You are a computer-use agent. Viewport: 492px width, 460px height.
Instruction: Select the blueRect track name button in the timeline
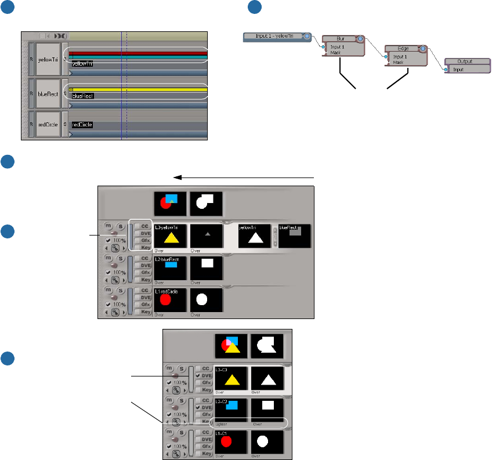click(x=48, y=93)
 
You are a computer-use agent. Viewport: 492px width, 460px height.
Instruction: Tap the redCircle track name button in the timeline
click(x=48, y=124)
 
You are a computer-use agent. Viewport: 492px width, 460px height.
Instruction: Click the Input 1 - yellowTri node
click(x=273, y=36)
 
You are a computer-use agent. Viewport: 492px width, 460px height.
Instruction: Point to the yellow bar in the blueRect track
click(x=138, y=90)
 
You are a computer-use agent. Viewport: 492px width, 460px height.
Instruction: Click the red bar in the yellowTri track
click(x=138, y=53)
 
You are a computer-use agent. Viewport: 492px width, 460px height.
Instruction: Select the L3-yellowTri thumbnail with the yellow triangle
click(x=171, y=237)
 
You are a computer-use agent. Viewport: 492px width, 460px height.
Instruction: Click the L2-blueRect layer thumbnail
click(x=171, y=268)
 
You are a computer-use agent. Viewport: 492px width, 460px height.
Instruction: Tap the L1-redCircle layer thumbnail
click(x=171, y=299)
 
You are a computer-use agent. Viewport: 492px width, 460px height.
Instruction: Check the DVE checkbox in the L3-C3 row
click(x=198, y=375)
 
